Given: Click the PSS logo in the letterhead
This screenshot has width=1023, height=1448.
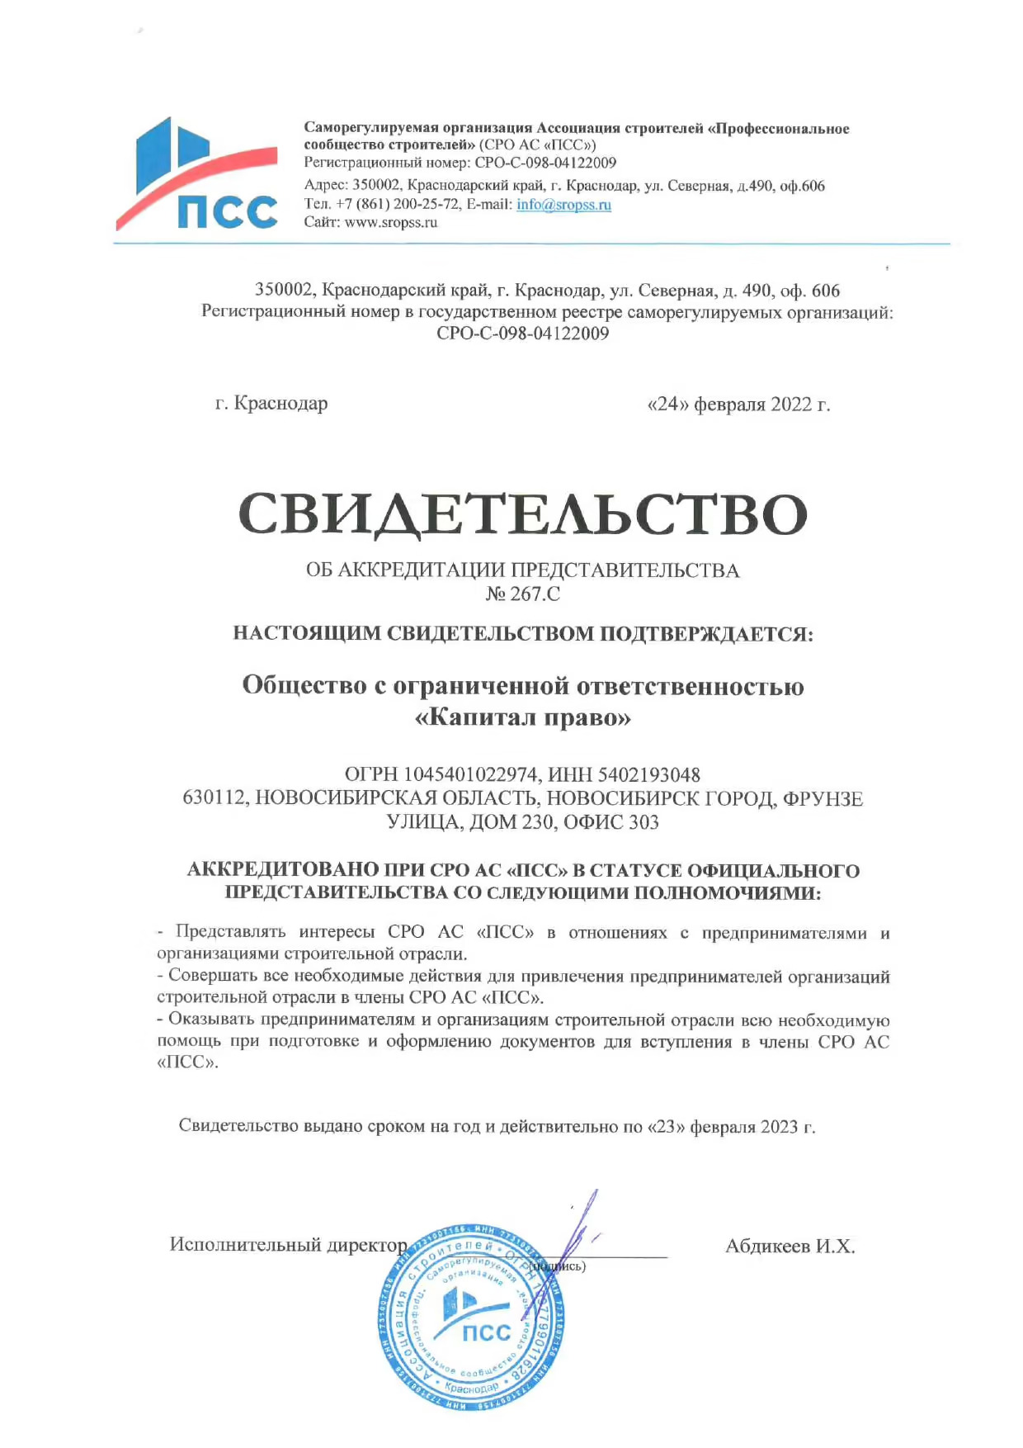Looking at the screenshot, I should [x=198, y=175].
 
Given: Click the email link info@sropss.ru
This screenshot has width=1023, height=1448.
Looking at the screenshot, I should [x=563, y=205].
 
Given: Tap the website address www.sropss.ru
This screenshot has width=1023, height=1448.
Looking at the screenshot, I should [x=390, y=223].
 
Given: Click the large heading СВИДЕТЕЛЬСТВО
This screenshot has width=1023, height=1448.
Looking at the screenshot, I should [x=522, y=514].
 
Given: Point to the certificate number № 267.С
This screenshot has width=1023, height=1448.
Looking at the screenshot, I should [x=522, y=594].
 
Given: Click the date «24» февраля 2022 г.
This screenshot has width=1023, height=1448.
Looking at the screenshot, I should [x=738, y=405].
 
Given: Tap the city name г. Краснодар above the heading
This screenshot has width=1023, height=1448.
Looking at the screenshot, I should [x=271, y=404].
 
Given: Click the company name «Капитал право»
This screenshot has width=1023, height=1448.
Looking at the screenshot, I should [x=522, y=717].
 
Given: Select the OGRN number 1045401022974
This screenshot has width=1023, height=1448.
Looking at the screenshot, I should [x=470, y=775].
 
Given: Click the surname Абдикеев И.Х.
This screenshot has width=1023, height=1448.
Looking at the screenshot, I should [x=790, y=1247].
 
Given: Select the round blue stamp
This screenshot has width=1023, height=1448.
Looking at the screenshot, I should [x=472, y=1318].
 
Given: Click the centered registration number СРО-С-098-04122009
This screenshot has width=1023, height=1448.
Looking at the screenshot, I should [x=522, y=334].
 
